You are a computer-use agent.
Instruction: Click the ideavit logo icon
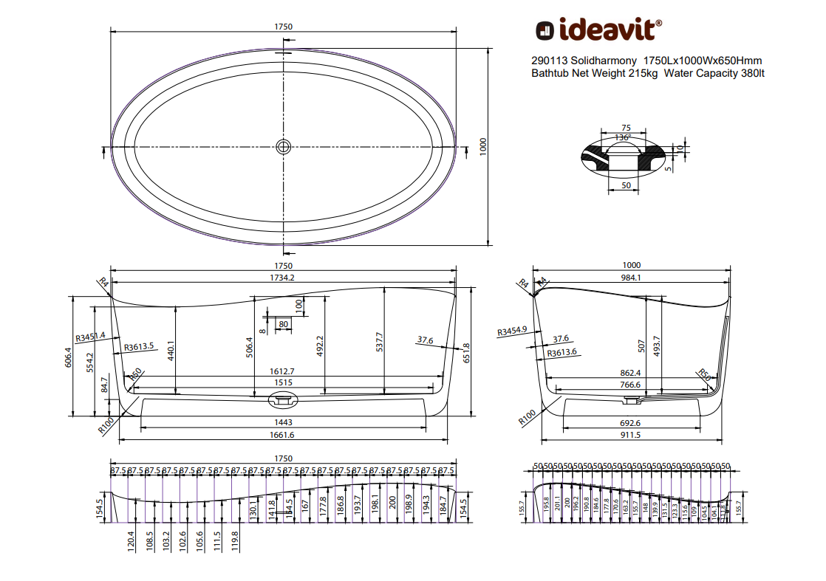pyautogui.click(x=545, y=30)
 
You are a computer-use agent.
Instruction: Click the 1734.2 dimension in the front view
pyautogui.click(x=283, y=278)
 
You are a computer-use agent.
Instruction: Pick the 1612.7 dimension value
pyautogui.click(x=283, y=371)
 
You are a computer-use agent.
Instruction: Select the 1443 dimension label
pyautogui.click(x=283, y=422)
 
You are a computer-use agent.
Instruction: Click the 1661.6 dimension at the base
pyautogui.click(x=283, y=436)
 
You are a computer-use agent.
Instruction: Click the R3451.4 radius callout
pyautogui.click(x=90, y=335)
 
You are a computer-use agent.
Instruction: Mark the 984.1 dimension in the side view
pyautogui.click(x=631, y=278)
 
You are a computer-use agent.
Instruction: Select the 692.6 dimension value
pyautogui.click(x=631, y=423)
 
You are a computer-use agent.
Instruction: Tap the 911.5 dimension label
pyautogui.click(x=631, y=436)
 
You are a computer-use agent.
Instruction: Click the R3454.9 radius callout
pyautogui.click(x=513, y=331)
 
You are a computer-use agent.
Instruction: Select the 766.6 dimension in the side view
pyautogui.click(x=631, y=384)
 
